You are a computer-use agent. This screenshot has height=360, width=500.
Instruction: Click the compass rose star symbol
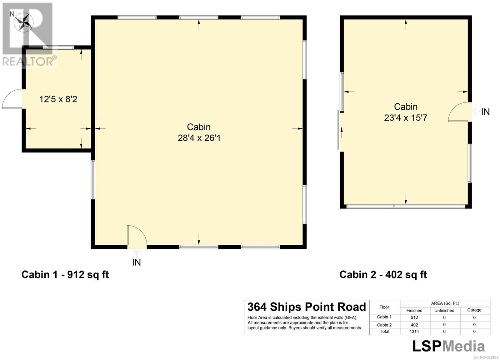point(23,22)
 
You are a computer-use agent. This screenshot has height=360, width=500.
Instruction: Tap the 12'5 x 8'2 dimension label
point(58,99)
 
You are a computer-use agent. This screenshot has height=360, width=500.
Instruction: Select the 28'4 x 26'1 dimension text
point(199,138)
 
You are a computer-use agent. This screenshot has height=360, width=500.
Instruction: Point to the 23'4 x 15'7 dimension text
point(406,118)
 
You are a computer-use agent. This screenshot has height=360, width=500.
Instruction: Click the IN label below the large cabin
point(136,263)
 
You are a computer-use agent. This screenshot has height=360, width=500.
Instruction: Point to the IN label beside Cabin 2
point(485,112)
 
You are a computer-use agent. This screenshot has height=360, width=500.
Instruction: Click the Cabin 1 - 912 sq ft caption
point(65,274)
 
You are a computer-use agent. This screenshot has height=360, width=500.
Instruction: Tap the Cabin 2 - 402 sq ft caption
point(383,274)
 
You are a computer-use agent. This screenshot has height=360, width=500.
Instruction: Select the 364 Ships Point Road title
point(307,307)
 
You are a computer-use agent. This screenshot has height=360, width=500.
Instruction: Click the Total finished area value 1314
point(414,332)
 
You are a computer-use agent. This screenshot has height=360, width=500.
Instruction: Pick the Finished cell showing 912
point(414,318)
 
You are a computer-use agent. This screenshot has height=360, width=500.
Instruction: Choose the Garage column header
point(474,310)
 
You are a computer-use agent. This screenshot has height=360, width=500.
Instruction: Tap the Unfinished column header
point(444,310)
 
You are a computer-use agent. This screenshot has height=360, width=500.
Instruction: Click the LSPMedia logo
point(448,346)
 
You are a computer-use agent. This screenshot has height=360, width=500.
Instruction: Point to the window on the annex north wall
point(58,47)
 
